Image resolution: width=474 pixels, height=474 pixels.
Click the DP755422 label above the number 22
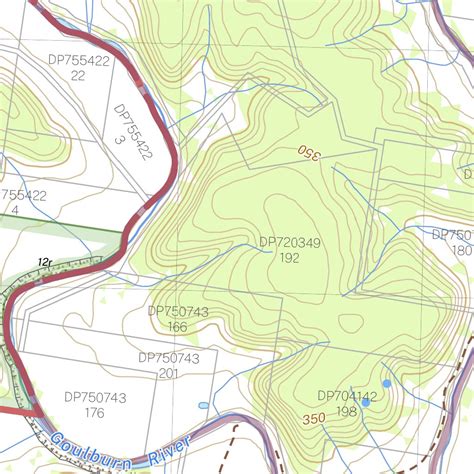pos(79,60)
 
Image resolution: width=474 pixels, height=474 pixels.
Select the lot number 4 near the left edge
pos(15,211)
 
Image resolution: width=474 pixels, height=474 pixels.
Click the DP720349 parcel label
pos(290,242)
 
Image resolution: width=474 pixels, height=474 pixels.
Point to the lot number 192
pos(290,258)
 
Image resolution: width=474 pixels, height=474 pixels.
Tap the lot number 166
pos(178,327)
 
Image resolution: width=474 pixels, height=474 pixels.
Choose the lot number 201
pos(168,373)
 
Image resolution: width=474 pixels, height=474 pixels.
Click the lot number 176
pos(94,413)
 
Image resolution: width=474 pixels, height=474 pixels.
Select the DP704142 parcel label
pos(347,396)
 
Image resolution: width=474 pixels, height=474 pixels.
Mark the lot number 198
pos(347,412)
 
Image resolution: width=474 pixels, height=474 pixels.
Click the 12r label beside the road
pos(45,263)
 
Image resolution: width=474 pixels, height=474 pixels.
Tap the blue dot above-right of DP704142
pos(387,383)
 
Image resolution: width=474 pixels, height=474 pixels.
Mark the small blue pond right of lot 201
pos(204,405)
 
